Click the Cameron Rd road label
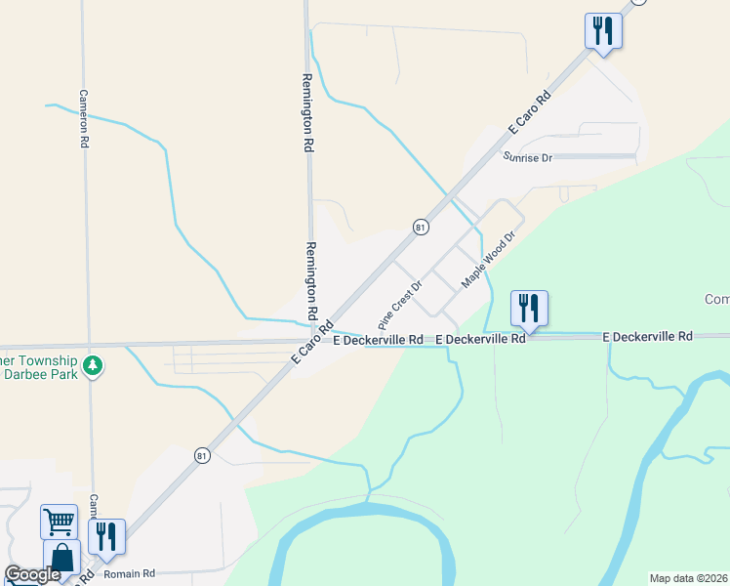(x=84, y=119)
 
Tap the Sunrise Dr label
(x=528, y=157)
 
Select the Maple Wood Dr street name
(x=488, y=259)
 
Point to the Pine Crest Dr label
(x=399, y=305)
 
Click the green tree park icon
(x=93, y=365)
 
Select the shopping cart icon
(x=59, y=521)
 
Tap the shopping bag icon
(x=62, y=559)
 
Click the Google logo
(x=32, y=574)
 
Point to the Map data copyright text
(x=689, y=577)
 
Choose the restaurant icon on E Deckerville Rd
(x=529, y=308)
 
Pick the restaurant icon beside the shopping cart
(x=106, y=535)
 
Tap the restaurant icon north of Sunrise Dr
(x=603, y=30)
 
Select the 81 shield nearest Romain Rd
(x=201, y=455)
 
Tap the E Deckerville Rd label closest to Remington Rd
(x=378, y=340)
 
